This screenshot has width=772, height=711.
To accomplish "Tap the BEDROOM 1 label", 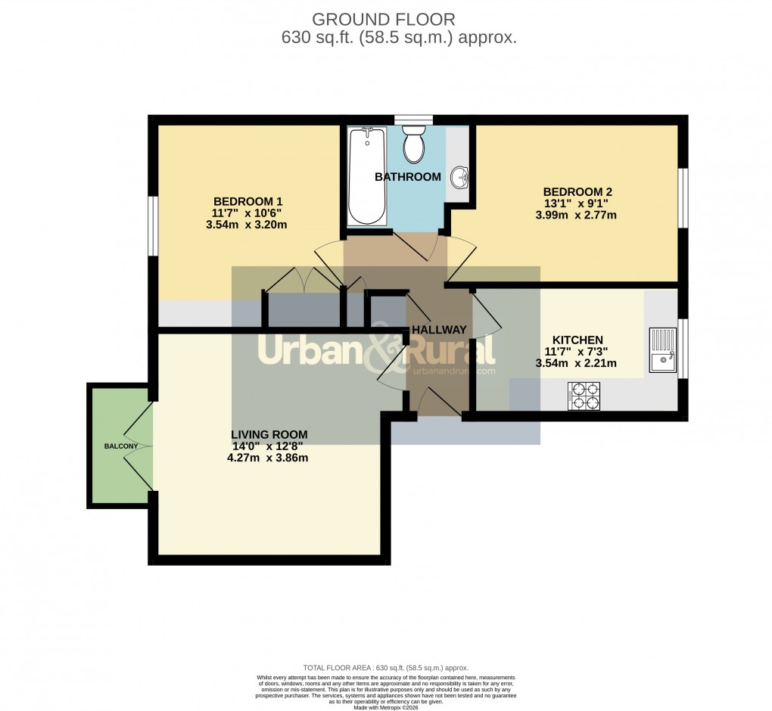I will pyautogui.click(x=247, y=201).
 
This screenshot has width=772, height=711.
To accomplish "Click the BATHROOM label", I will pyautogui.click(x=408, y=177).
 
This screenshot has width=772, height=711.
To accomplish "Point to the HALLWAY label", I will pyautogui.click(x=439, y=330).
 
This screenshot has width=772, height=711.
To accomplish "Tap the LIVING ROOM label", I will pyautogui.click(x=269, y=434).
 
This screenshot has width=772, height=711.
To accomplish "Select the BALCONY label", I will pyautogui.click(x=121, y=446).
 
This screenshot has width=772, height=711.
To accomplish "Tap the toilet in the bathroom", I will pyautogui.click(x=414, y=145).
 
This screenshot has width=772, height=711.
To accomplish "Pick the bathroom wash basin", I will pyautogui.click(x=459, y=179).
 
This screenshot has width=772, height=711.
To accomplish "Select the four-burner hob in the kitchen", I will pyautogui.click(x=583, y=395).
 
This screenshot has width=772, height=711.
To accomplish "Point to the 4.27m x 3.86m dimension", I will pyautogui.click(x=269, y=458).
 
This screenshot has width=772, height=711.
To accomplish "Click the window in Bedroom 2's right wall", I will pyautogui.click(x=682, y=197).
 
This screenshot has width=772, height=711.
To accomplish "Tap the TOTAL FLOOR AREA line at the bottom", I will pyautogui.click(x=385, y=668).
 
